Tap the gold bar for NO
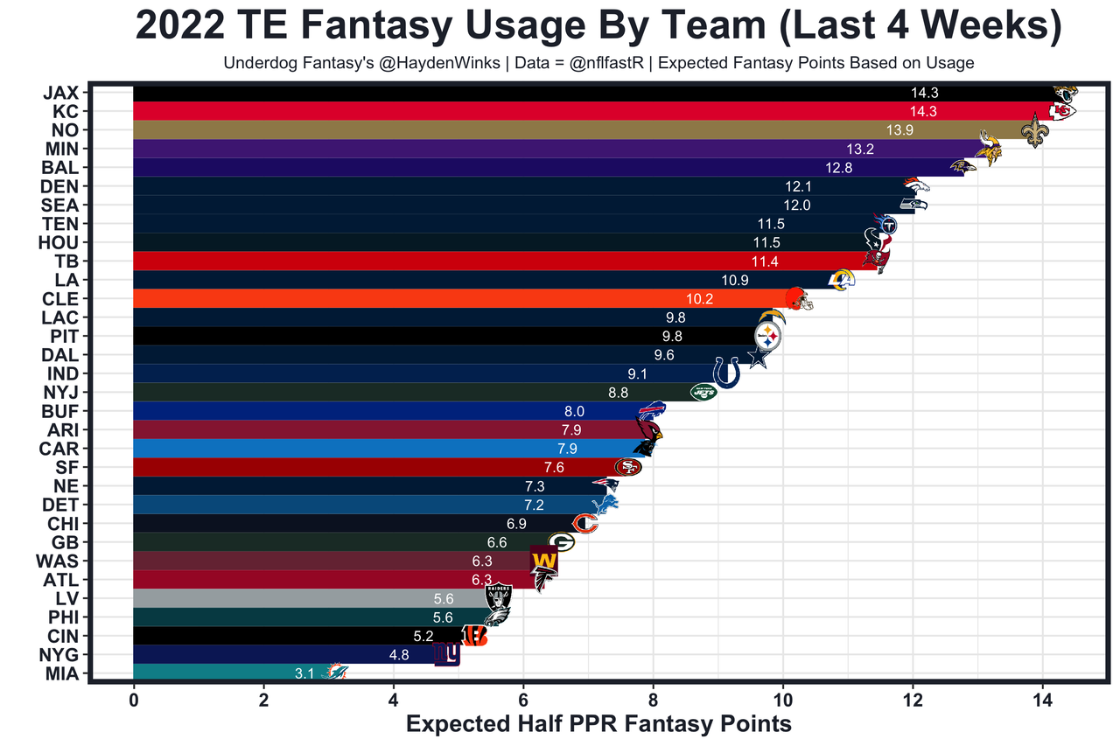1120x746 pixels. click(x=525, y=129)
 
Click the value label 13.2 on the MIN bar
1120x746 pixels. click(x=858, y=149)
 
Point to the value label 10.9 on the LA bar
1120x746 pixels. click(x=735, y=280)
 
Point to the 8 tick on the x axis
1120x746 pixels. click(x=653, y=700)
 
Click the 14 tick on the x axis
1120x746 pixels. click(x=1042, y=700)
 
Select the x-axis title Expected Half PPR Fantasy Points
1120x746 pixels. click(x=599, y=724)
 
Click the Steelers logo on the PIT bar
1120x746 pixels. click(x=767, y=336)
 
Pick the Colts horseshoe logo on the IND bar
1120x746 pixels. click(x=726, y=373)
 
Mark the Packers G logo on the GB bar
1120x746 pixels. click(x=561, y=542)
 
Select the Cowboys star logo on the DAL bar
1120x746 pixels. click(x=757, y=357)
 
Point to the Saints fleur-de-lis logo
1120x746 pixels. click(x=1035, y=129)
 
